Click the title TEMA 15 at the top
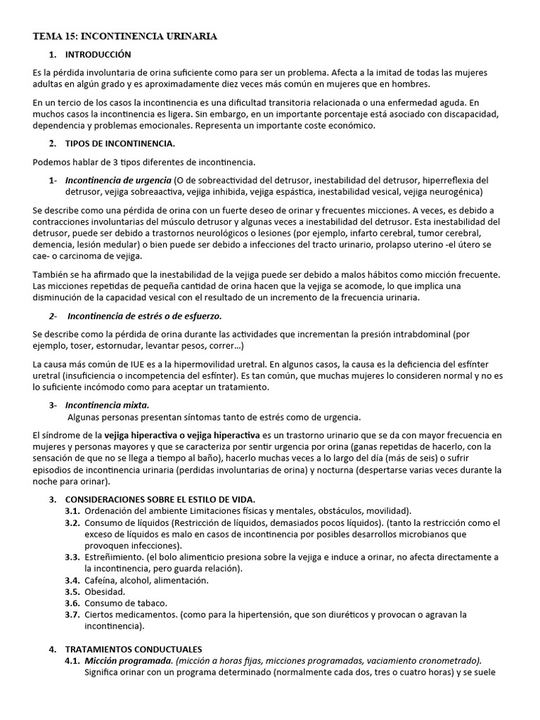point(125,36)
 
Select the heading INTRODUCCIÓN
point(98,54)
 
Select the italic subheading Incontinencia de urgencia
point(118,180)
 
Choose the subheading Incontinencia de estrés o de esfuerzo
point(144,316)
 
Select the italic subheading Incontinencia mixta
point(107,405)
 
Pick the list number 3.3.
point(72,557)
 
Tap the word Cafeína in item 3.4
point(101,580)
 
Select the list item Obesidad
point(105,592)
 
